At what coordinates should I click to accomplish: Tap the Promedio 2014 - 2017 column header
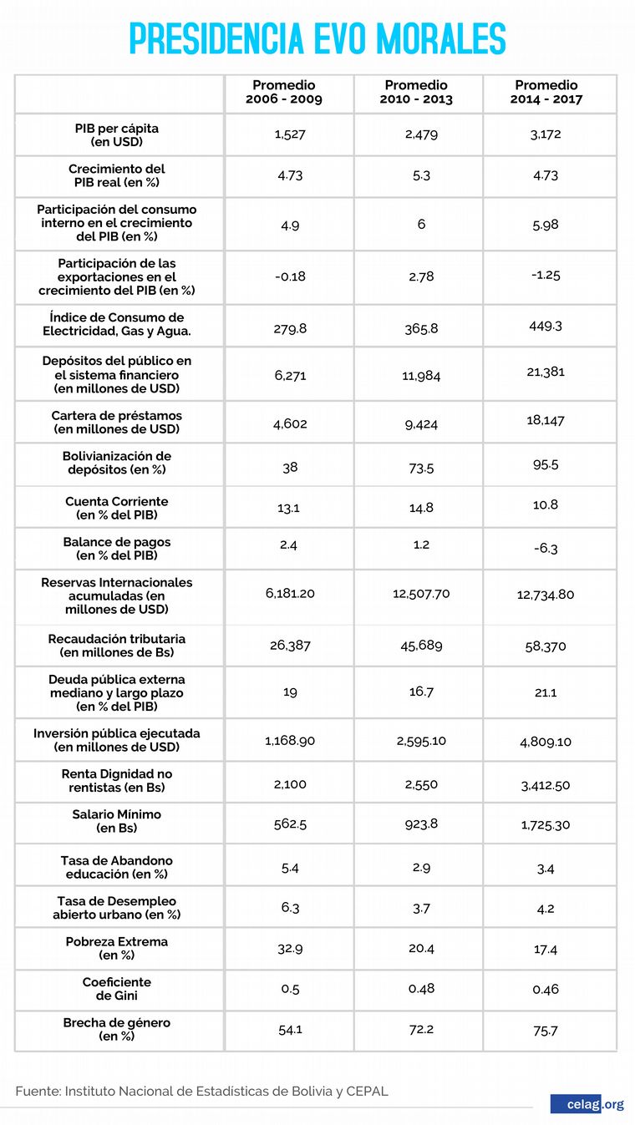[x=546, y=92]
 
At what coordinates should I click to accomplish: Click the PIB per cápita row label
[x=116, y=135]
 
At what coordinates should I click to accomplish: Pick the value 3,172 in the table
[x=546, y=134]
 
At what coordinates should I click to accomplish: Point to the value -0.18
[x=289, y=276]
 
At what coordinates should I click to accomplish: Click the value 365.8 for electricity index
[x=421, y=328]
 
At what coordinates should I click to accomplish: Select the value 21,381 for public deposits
[x=546, y=372]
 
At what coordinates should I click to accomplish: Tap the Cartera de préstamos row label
[x=116, y=423]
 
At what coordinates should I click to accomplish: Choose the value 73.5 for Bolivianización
[x=421, y=468]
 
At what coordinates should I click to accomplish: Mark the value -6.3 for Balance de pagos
[x=546, y=549]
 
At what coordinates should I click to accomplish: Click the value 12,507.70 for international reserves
[x=421, y=594]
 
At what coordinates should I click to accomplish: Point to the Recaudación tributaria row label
[x=116, y=646]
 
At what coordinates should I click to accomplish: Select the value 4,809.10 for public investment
[x=546, y=741]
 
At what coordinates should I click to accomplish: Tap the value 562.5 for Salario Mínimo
[x=289, y=824]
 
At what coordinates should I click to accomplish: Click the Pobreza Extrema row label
[x=116, y=948]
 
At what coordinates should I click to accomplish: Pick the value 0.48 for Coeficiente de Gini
[x=421, y=989]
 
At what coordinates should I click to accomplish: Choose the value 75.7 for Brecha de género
[x=546, y=1031]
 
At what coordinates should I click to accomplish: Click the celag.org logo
[x=587, y=1104]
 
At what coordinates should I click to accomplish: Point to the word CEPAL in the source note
[x=368, y=1091]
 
